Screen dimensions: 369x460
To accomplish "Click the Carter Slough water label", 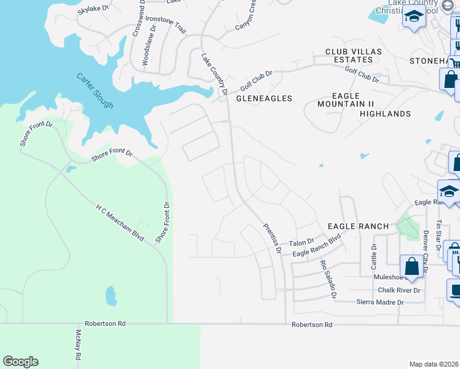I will point(95,90).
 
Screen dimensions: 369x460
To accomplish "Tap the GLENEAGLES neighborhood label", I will point(264,98).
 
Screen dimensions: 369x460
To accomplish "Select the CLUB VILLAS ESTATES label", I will point(349,55).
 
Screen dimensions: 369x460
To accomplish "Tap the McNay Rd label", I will point(78,345).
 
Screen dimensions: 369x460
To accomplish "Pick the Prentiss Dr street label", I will point(272,239).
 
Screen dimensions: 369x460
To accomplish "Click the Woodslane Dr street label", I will point(146,49).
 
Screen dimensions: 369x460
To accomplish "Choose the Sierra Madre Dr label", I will point(380,302).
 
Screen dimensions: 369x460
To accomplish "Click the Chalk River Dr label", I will point(399,290).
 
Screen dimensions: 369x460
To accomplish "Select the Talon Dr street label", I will point(301,242).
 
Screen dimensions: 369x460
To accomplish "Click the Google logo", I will point(20,362).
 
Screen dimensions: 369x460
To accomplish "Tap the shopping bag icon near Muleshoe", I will point(411,266).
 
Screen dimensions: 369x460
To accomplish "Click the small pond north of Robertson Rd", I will point(111,296).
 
